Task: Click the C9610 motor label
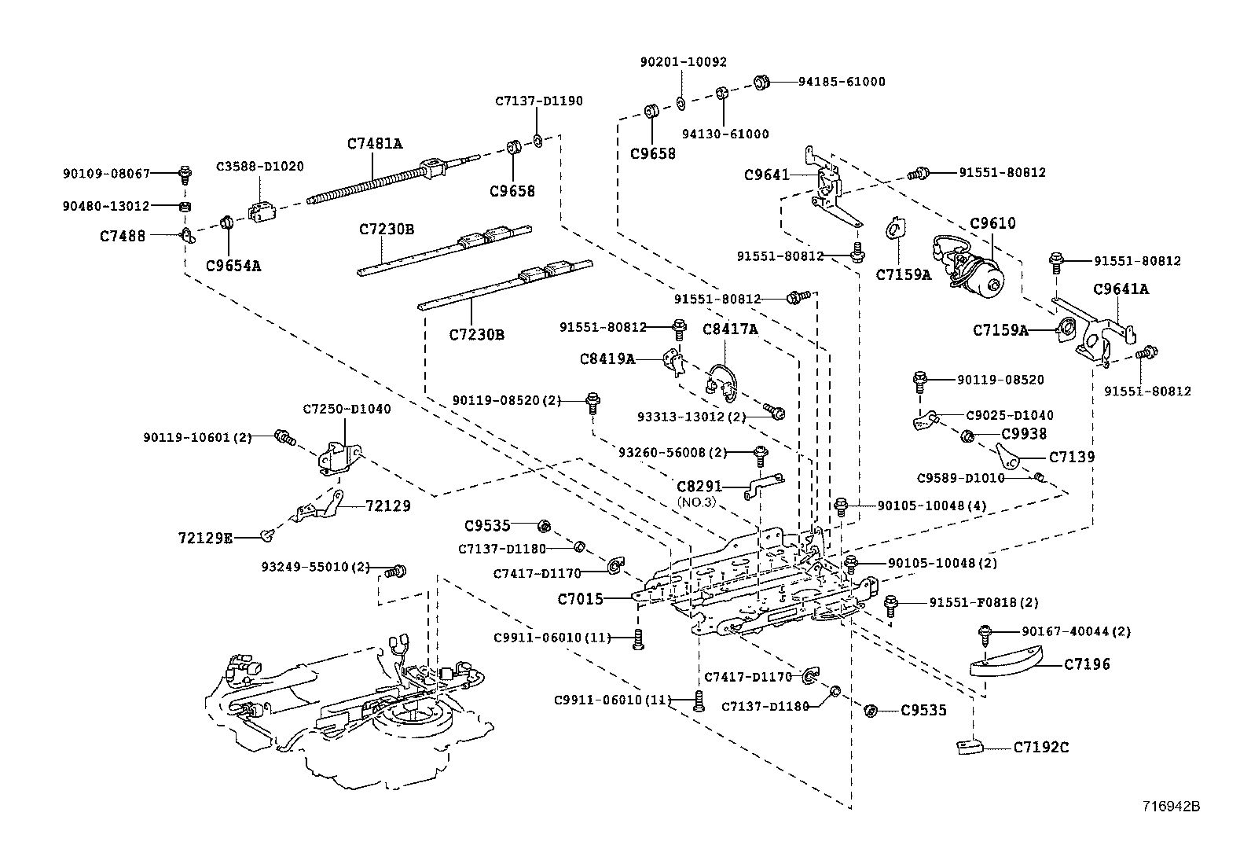[x=992, y=223]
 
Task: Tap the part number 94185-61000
[x=841, y=82]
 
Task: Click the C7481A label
[x=374, y=144]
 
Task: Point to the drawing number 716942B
[x=1171, y=806]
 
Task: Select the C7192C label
[x=1040, y=747]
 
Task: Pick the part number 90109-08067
[x=106, y=172]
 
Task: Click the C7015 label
[x=580, y=599]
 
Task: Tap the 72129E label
[x=205, y=538]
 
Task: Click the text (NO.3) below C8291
[x=697, y=502]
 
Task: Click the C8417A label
[x=729, y=329]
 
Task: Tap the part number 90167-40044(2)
[x=1077, y=631]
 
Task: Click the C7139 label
[x=1072, y=457]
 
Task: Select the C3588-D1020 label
[x=259, y=167]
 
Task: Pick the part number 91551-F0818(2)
[x=983, y=603]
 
